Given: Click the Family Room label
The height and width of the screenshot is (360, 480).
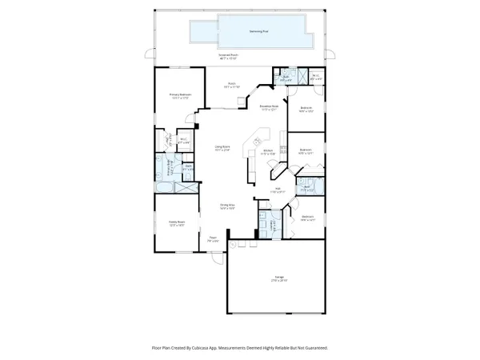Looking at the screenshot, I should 177,223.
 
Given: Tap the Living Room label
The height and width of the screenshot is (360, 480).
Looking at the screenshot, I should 222,149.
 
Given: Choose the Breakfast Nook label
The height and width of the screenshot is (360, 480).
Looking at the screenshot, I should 270,108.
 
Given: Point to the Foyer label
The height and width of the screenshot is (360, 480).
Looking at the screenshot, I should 214,239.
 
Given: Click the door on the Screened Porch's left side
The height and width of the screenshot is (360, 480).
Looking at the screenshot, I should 146,54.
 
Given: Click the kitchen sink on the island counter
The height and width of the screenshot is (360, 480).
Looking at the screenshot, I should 262,138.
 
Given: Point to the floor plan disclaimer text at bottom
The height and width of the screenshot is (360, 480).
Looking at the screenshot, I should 240,349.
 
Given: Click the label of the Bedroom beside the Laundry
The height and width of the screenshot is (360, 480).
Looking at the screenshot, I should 307,218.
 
